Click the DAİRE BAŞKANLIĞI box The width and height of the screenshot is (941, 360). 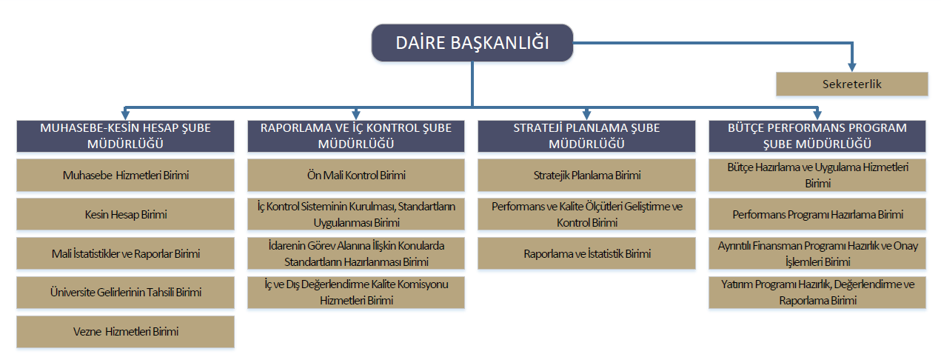(472, 43)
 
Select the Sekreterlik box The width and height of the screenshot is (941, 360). (852, 84)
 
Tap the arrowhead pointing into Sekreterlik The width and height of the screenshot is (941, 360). (852, 67)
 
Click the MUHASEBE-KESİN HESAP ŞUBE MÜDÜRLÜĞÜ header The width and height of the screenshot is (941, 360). (125, 136)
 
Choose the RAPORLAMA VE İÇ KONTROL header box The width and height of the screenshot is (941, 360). (356, 136)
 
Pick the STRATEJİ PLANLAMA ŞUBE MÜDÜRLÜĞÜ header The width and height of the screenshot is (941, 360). (586, 136)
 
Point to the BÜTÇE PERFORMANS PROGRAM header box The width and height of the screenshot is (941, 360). (817, 136)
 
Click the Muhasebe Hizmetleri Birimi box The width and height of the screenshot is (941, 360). (125, 175)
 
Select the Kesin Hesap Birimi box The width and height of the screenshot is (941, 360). (125, 214)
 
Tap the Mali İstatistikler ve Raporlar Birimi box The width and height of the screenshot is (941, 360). (125, 253)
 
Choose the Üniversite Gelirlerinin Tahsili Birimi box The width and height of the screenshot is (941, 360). (125, 293)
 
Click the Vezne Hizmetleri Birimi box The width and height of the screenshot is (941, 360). (125, 332)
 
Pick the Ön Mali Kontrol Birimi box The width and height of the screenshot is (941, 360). (356, 175)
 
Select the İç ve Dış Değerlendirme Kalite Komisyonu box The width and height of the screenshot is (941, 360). (356, 293)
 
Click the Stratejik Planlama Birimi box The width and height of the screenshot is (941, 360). (586, 175)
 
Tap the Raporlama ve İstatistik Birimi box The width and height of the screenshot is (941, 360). (586, 253)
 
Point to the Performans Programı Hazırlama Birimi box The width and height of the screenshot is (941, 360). (817, 214)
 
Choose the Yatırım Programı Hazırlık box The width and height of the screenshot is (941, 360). (817, 293)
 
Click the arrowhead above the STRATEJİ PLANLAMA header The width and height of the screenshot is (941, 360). (586, 115)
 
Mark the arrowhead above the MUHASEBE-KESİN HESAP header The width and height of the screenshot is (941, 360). (125, 115)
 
